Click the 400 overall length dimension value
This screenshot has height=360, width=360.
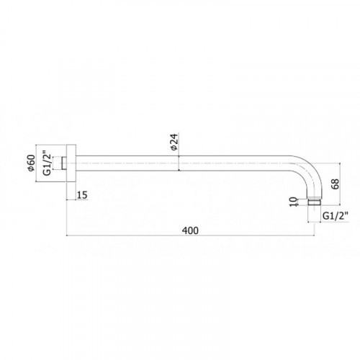[190, 230]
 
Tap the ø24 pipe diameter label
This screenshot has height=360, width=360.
[174, 142]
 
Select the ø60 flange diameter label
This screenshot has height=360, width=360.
[31, 163]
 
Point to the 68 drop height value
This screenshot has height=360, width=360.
[336, 184]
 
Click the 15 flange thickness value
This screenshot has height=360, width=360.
[82, 195]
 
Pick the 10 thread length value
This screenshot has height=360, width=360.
[293, 202]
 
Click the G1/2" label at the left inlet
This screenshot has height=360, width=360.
[48, 163]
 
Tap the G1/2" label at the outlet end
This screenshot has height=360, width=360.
[335, 216]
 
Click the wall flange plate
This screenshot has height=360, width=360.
[71, 163]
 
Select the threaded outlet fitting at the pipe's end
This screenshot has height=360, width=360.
[314, 202]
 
